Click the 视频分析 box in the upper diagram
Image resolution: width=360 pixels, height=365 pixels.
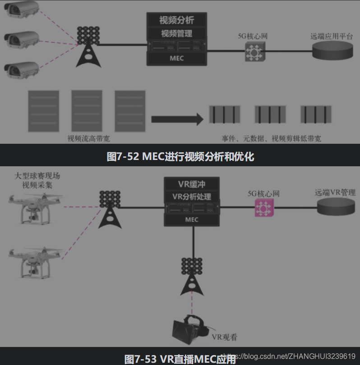click(177, 20)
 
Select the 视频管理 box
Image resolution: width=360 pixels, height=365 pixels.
click(177, 34)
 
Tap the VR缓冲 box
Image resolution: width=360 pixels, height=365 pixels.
click(192, 184)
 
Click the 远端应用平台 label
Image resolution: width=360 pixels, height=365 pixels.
click(332, 36)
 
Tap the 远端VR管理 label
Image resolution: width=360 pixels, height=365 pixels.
click(335, 192)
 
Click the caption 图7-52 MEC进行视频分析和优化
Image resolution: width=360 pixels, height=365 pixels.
click(180, 156)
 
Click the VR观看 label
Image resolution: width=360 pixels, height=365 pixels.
click(225, 337)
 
